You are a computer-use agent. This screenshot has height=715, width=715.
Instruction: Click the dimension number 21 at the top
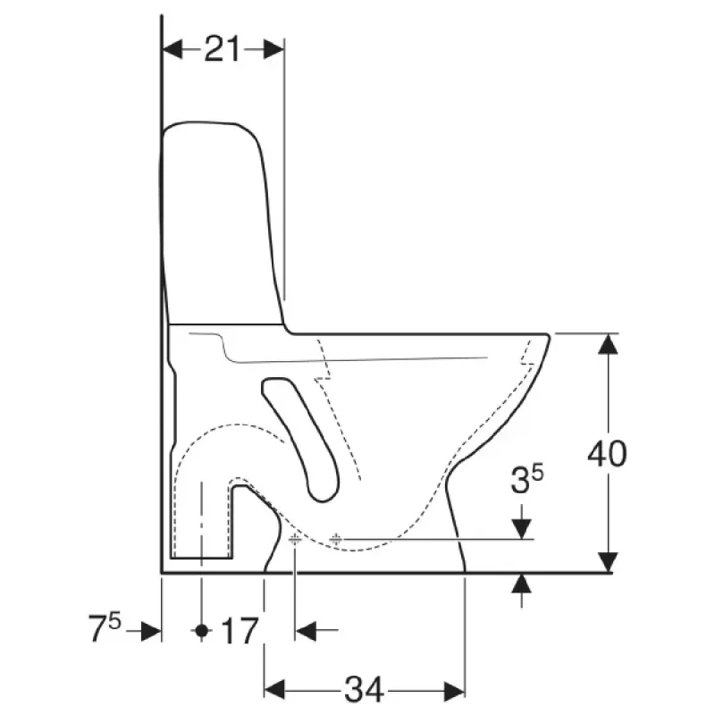(x=222, y=49)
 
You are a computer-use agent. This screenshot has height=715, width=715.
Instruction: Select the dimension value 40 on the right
(x=607, y=454)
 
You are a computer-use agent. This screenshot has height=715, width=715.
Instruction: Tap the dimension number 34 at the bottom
(x=364, y=689)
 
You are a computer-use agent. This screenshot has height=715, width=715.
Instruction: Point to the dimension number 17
(x=240, y=631)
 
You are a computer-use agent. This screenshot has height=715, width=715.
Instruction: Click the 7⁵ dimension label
(x=105, y=628)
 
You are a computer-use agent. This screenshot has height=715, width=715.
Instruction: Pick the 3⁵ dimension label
(x=527, y=480)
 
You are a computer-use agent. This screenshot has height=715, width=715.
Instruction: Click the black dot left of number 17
(x=202, y=631)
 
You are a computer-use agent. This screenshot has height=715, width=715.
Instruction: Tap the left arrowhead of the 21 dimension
(x=172, y=49)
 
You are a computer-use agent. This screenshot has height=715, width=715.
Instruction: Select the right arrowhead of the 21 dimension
(x=273, y=49)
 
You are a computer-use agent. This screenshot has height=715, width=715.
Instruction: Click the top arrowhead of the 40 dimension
(x=608, y=344)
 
